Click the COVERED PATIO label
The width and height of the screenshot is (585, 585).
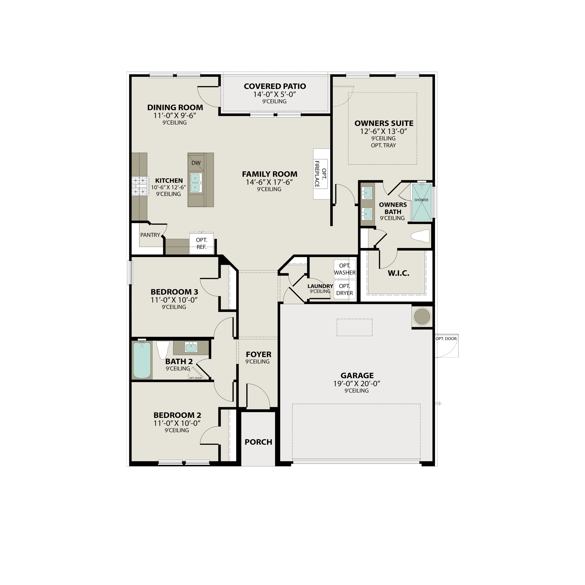tap(275, 86)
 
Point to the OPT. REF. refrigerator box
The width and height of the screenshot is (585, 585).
tap(201, 243)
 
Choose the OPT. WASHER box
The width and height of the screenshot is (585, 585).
tap(345, 269)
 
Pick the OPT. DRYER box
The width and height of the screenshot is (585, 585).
tap(345, 289)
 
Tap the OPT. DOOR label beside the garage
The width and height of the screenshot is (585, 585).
tap(446, 339)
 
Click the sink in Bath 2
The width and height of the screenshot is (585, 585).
tap(191, 347)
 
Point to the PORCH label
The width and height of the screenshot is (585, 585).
tap(258, 442)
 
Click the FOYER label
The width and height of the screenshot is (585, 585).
tap(258, 354)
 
